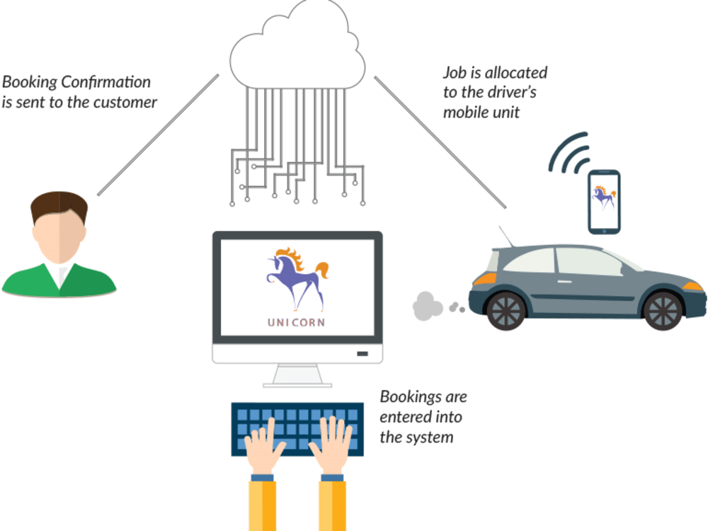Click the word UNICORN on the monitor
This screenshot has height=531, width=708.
point(296,322)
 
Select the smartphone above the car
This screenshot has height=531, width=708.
point(604,202)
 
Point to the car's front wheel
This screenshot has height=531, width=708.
point(663,310)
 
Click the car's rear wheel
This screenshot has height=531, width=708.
point(507,310)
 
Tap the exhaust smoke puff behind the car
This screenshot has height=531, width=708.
point(427,306)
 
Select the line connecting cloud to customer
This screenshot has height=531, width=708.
point(158,135)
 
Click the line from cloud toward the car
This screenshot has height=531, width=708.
point(440,142)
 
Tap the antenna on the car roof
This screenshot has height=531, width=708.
point(506,236)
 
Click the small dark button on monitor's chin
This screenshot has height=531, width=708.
point(362,353)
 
